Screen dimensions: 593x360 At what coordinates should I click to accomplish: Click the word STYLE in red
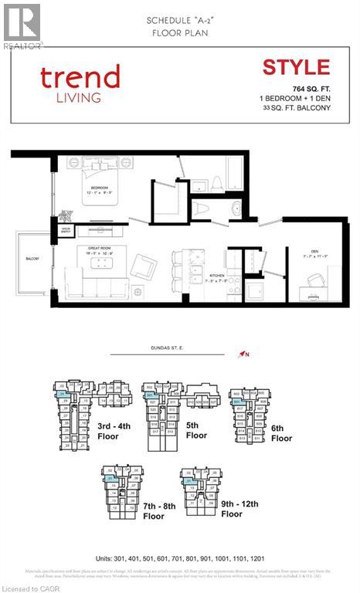[296, 67]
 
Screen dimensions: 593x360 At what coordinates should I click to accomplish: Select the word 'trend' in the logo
[80, 77]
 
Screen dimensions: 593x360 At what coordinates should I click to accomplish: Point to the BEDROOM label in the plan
[99, 188]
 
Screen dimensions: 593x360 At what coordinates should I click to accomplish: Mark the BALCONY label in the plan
[32, 259]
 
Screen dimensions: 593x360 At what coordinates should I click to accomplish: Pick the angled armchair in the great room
[144, 267]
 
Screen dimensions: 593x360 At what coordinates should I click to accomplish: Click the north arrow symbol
[244, 354]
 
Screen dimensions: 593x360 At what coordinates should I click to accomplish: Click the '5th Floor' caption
[196, 430]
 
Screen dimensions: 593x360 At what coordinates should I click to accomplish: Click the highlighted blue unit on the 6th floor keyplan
[239, 402]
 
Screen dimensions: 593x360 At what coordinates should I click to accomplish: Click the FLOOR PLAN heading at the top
[179, 34]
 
